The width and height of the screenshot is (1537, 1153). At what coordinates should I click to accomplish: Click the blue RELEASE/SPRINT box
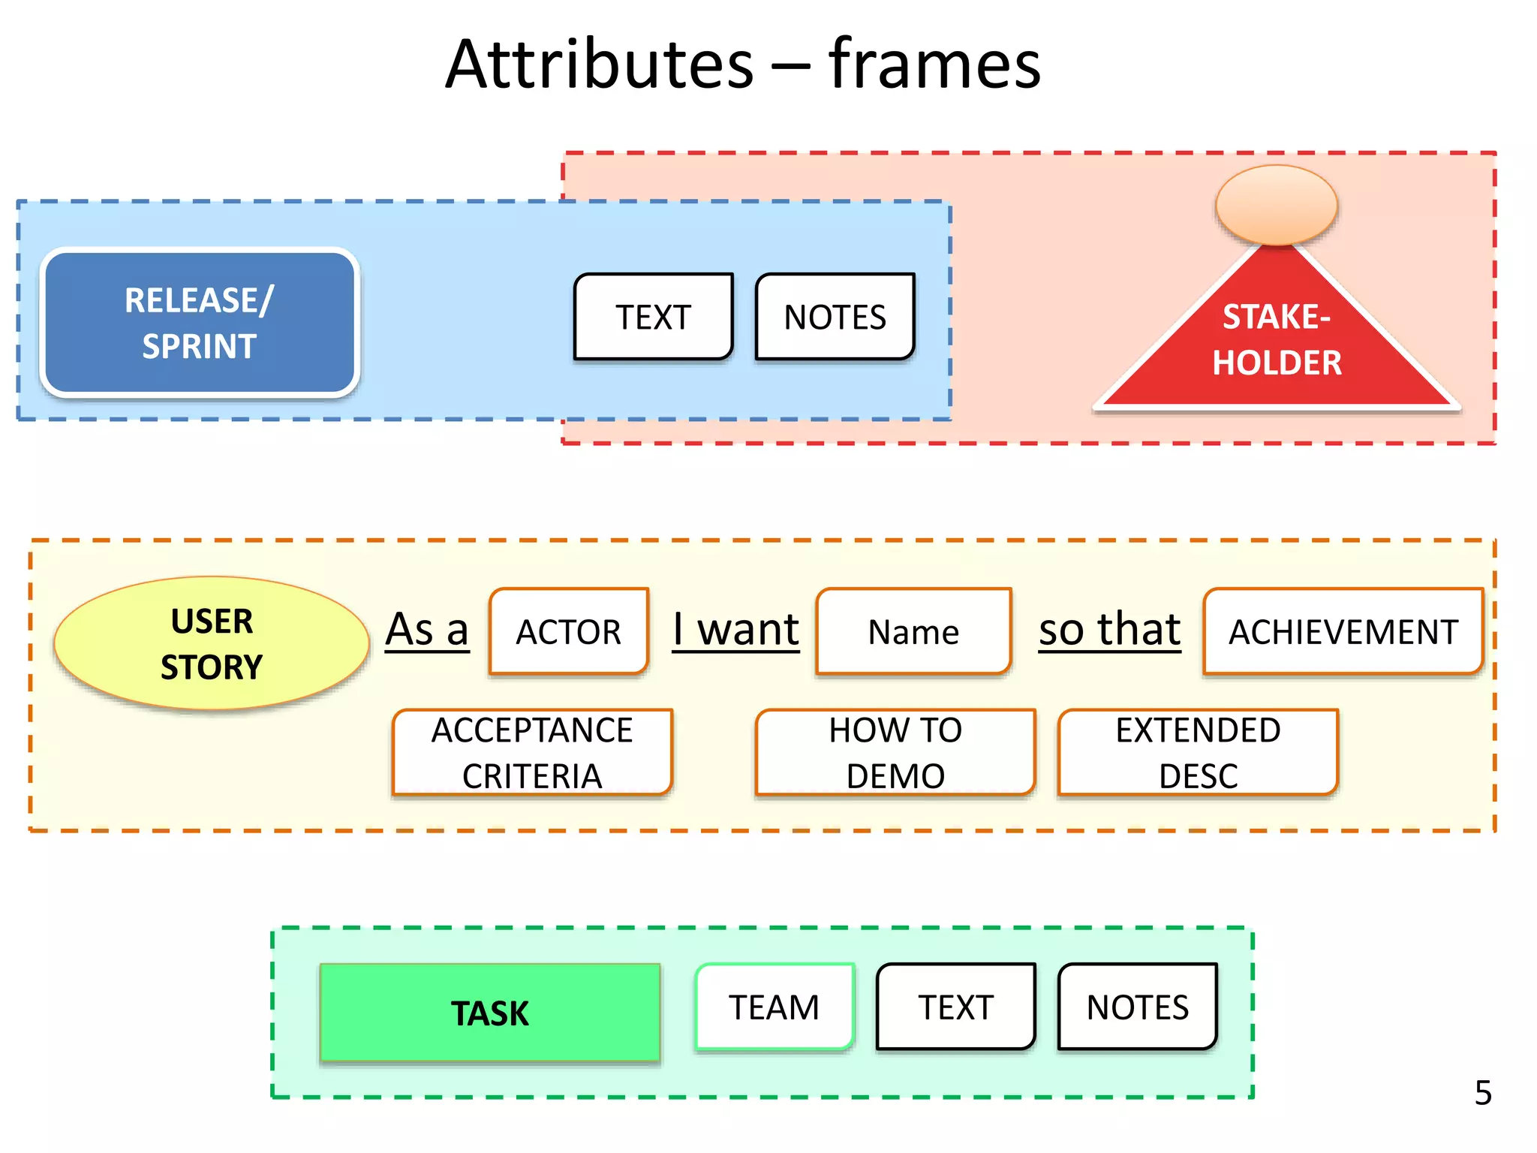[200, 323]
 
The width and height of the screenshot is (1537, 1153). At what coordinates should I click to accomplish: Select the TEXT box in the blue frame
[653, 317]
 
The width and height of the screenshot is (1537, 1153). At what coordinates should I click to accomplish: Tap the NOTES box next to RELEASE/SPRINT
[835, 317]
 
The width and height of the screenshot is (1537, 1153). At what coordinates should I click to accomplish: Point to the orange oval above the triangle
[1277, 205]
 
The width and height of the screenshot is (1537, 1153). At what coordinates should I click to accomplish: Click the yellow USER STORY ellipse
[212, 643]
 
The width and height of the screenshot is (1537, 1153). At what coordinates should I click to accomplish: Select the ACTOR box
[569, 631]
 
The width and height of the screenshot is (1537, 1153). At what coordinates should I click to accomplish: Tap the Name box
[913, 631]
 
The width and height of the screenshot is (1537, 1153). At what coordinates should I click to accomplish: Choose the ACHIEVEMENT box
[1343, 631]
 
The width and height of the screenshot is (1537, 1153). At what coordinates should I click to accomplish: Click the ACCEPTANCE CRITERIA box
[532, 752]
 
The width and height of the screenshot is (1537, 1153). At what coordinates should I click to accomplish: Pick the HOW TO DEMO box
[895, 752]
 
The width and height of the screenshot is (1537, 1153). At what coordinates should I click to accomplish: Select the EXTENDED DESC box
[1198, 752]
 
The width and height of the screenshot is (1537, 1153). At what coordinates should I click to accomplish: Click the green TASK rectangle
[490, 1013]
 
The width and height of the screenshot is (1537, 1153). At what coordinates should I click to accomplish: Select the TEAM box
[775, 1007]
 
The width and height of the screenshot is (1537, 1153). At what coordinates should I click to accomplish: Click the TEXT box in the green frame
[956, 1007]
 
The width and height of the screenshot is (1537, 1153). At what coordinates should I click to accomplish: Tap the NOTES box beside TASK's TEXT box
[1138, 1007]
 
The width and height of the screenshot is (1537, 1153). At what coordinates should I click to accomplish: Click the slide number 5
[1483, 1093]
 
